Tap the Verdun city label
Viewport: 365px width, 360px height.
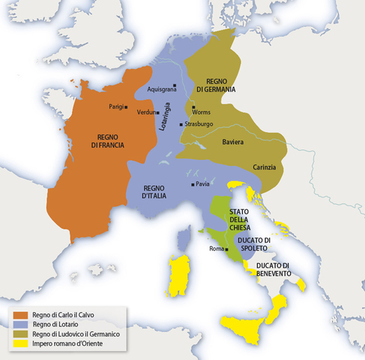tap(145, 112)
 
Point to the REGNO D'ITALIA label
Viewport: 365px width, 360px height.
tap(150, 191)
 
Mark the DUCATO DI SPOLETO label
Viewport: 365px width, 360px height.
tap(253, 244)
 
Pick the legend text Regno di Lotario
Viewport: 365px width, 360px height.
tap(57, 324)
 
